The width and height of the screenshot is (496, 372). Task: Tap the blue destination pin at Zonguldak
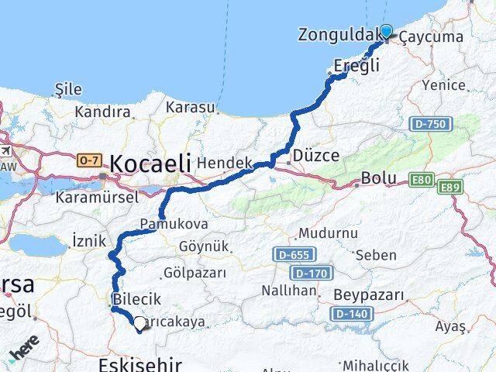coord(386,33)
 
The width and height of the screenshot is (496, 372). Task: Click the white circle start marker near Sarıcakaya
coord(139,324)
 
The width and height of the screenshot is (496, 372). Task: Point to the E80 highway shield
coord(422,180)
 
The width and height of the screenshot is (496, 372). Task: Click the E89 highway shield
coord(450,188)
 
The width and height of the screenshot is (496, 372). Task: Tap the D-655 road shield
coord(291,254)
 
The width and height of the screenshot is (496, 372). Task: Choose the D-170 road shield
coord(312,273)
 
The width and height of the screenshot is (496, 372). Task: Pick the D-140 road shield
coord(348,314)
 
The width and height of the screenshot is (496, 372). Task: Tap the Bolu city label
coord(380,179)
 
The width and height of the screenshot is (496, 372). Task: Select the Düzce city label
coord(315,156)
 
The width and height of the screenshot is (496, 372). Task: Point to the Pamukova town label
coord(163,224)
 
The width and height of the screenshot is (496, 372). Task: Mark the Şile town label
coord(69,90)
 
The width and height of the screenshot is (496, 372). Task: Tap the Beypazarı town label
coord(369,295)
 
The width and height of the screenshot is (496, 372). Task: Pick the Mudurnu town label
coord(329,233)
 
